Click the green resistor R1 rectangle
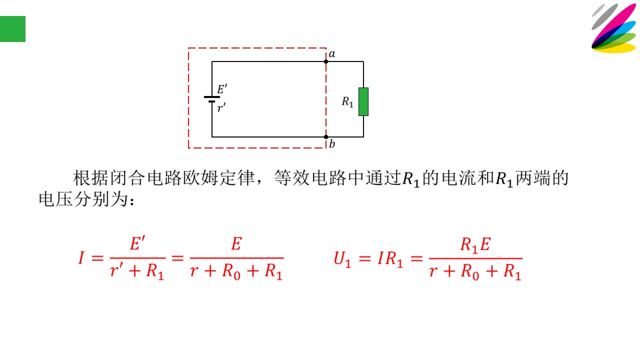point(363,101)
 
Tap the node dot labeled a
point(326,61)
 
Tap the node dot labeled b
point(326,137)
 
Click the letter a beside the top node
point(332,54)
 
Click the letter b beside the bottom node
point(332,143)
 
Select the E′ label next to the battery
point(222,89)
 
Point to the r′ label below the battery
point(221,107)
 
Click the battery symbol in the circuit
point(212,99)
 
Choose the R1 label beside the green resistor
point(347,102)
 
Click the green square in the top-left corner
point(12,29)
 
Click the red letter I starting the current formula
point(81,257)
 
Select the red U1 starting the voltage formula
point(342,259)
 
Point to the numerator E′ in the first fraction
point(137,243)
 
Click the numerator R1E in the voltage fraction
point(475,245)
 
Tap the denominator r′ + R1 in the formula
point(137,271)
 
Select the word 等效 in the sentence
point(291,178)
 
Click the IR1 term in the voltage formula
point(390,259)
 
